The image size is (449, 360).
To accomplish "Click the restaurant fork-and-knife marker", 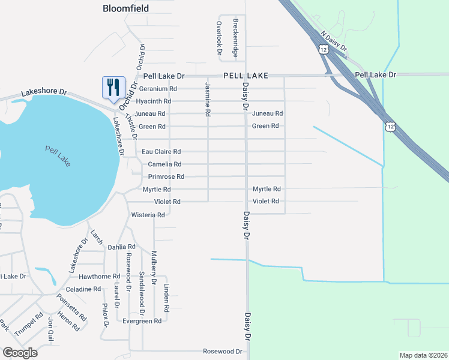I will (x=113, y=88).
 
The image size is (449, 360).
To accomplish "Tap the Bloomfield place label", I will (x=125, y=8).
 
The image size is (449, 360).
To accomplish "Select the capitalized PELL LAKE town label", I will (x=245, y=76).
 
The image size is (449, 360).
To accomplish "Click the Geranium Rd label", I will (x=158, y=88).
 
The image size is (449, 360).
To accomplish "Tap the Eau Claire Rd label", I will (x=161, y=152).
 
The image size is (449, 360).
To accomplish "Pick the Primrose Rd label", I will (x=166, y=176).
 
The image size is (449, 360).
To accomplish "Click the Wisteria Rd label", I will (x=148, y=214).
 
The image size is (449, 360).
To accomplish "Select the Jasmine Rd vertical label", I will (x=208, y=99).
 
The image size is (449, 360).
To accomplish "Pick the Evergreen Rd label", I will (x=142, y=321).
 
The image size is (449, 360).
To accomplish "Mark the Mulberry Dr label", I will (x=154, y=267).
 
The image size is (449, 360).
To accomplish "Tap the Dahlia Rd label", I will (x=121, y=247).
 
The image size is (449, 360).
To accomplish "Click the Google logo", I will (x=20, y=353).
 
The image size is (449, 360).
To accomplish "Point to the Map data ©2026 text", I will (x=423, y=355).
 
